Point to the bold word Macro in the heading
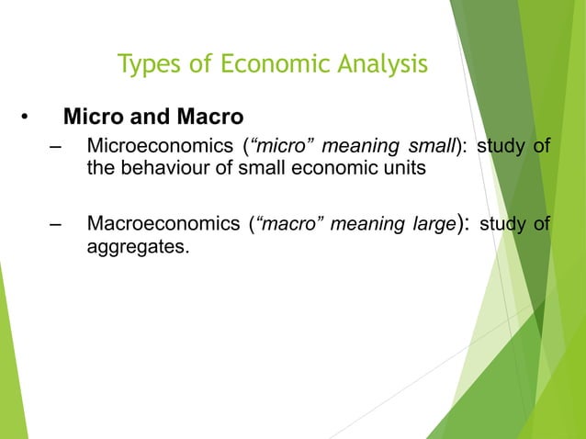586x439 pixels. tap(208, 118)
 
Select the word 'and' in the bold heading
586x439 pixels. tap(146, 118)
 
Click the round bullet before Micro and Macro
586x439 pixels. tap(25, 118)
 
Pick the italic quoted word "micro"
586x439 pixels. tap(276, 148)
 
